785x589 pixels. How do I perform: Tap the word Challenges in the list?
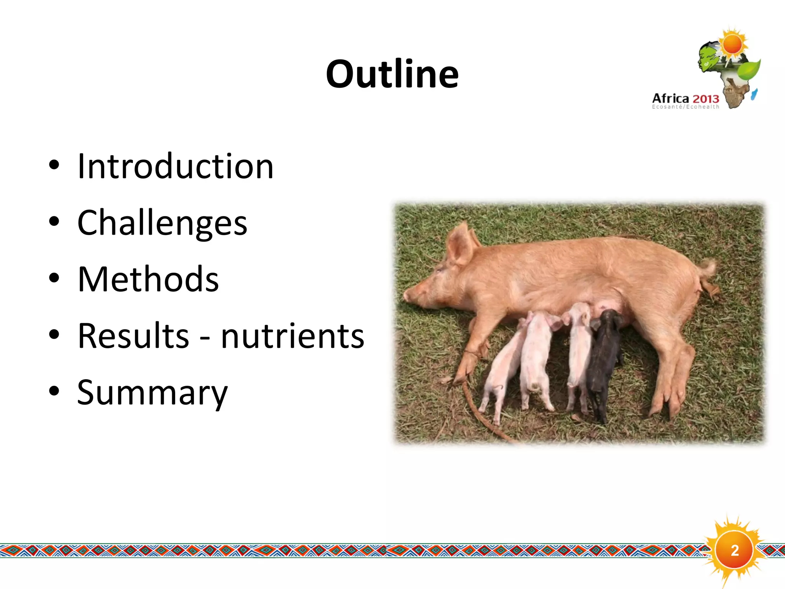(x=162, y=223)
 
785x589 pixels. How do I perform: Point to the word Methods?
(x=148, y=279)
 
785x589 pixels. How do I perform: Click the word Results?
(x=133, y=336)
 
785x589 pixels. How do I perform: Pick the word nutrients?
(x=292, y=336)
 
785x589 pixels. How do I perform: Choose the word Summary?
(x=152, y=392)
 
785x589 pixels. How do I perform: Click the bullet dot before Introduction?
(x=54, y=165)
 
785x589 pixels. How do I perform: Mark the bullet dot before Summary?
(x=54, y=391)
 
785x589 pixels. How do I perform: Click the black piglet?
(x=604, y=360)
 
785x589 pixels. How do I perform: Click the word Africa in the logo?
(x=671, y=99)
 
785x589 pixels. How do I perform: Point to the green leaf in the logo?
(x=749, y=69)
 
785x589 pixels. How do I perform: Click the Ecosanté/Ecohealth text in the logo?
(x=685, y=107)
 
